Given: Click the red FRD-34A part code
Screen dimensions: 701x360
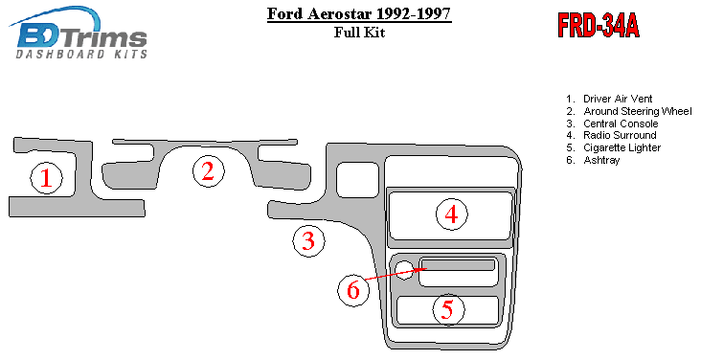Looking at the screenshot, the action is tap(599, 26).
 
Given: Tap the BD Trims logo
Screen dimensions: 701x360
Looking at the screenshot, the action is tap(79, 33).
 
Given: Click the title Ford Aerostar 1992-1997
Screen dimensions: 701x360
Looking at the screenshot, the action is tap(359, 13).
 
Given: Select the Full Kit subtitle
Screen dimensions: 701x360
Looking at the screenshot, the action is tap(359, 33).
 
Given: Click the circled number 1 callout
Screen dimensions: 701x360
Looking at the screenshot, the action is tap(47, 177).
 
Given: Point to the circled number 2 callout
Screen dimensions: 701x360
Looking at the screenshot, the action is tap(209, 171).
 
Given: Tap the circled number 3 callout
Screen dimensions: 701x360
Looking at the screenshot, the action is tap(309, 241).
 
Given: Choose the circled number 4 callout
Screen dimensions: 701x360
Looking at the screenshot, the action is tap(452, 214).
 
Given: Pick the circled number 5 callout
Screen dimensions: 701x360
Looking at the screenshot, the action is tap(448, 309).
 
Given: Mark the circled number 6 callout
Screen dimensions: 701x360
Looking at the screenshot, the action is tap(353, 290).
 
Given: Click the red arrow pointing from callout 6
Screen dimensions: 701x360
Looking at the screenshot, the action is tap(396, 274).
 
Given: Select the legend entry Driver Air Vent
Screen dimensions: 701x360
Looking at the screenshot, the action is tap(609, 99).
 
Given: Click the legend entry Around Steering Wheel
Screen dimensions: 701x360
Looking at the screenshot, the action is tap(629, 111).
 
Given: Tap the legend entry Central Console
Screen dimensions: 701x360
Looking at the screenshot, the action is tap(612, 124).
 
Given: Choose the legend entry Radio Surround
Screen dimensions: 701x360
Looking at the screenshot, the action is tap(611, 135).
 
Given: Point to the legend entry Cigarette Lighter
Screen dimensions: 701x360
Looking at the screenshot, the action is tap(613, 147).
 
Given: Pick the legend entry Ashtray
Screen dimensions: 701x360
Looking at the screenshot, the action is tap(593, 160).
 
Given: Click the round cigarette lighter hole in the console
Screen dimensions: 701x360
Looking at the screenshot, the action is tap(404, 270).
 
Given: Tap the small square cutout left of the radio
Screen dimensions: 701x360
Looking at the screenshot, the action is tap(357, 180).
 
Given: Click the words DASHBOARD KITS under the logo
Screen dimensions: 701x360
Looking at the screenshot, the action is tap(81, 55).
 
